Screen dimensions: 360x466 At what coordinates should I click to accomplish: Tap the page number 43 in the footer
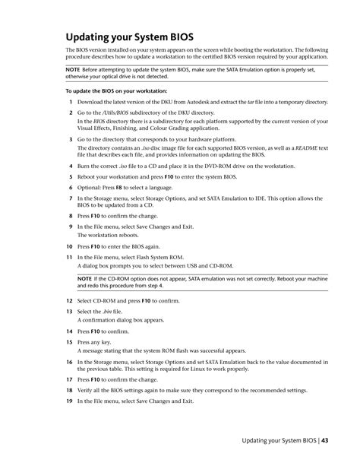point(325,440)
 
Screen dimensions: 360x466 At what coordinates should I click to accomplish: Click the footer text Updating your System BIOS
point(279,440)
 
